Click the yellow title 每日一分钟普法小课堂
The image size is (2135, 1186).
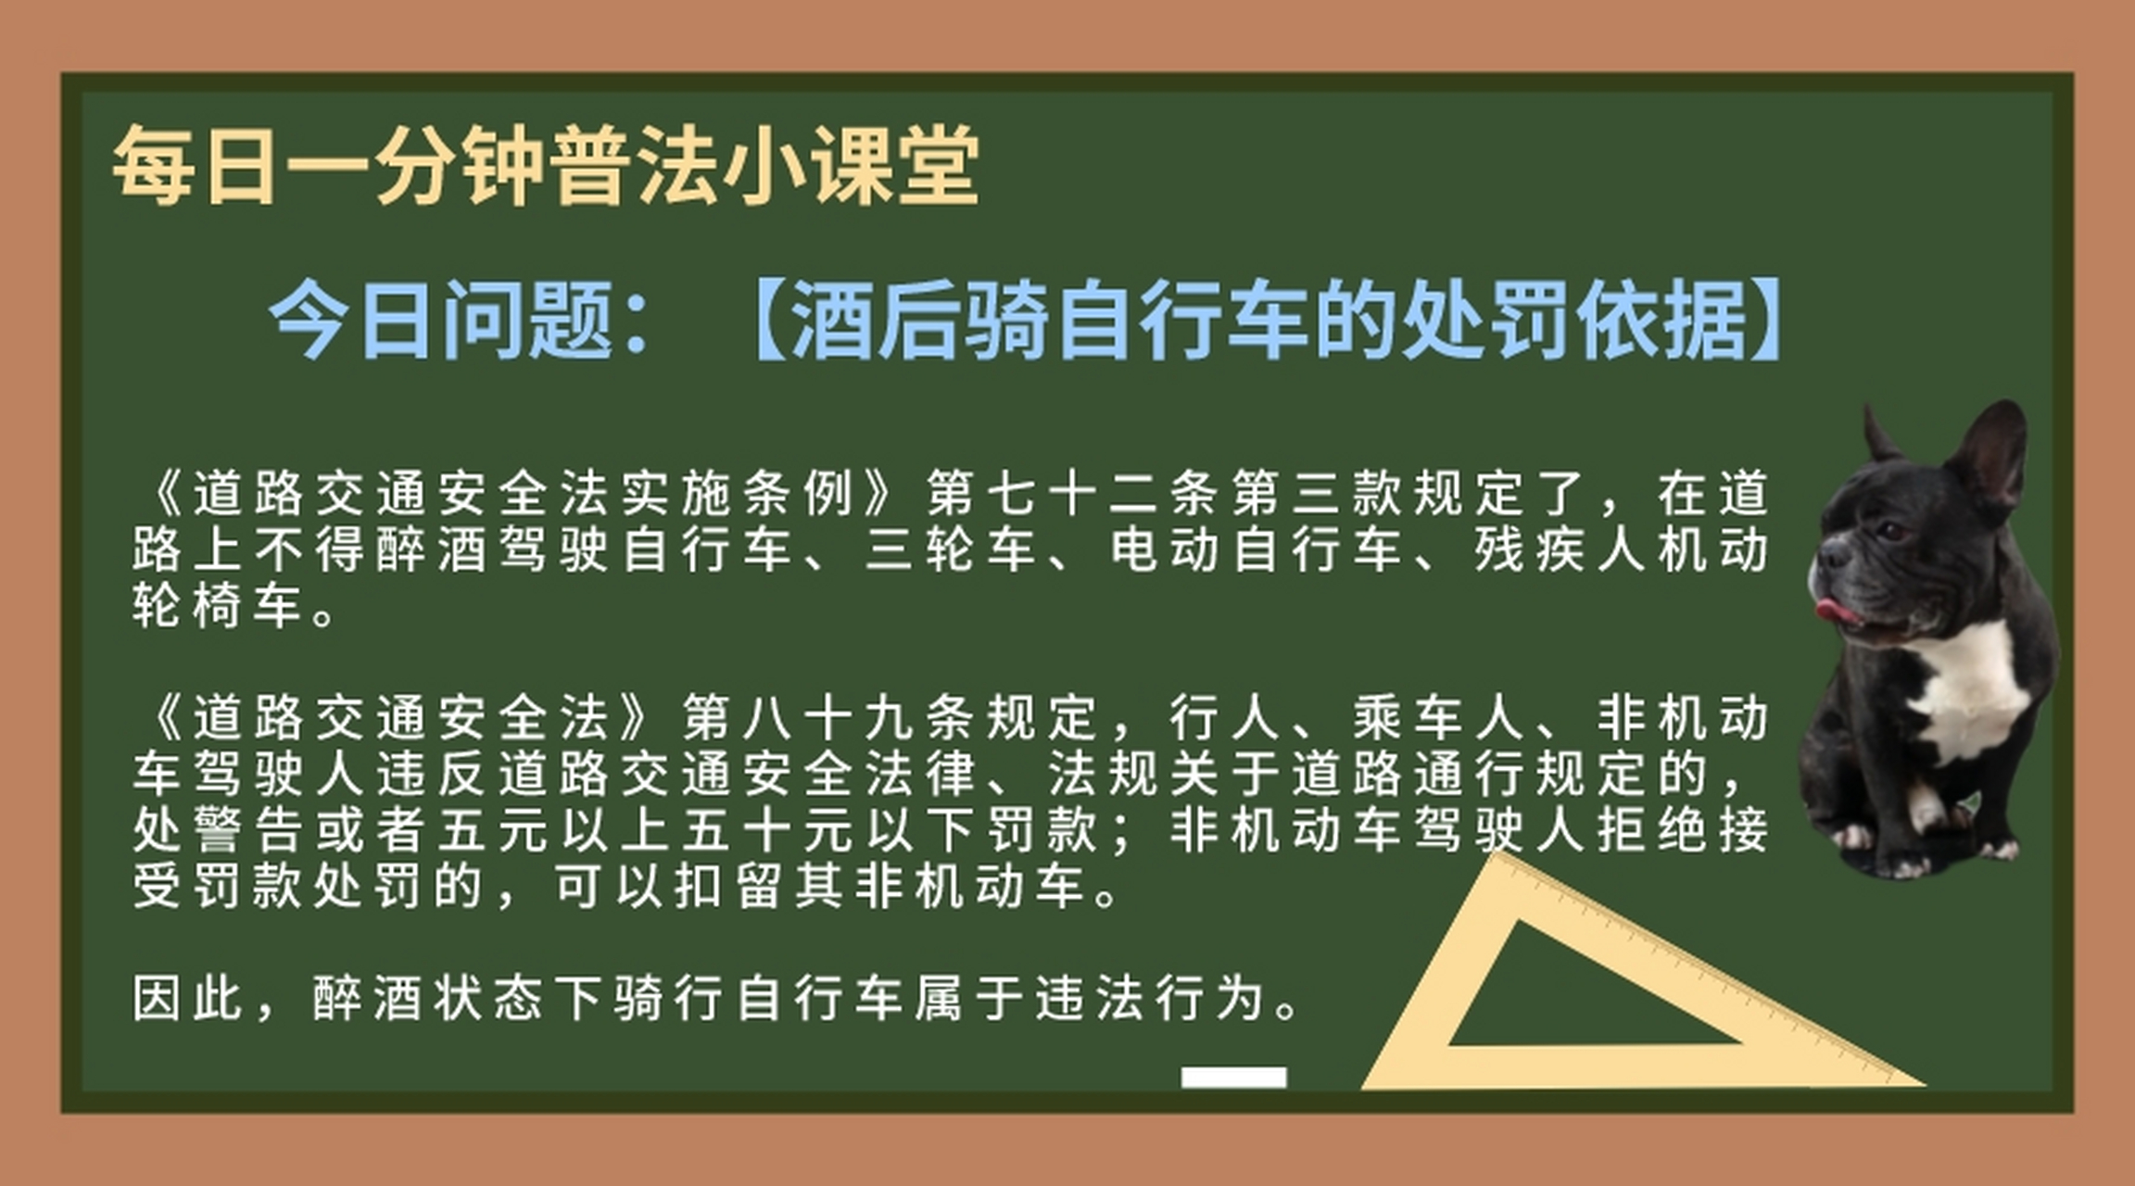[x=545, y=167]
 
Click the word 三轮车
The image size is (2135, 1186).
[x=950, y=549]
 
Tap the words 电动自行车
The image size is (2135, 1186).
[x=1256, y=549]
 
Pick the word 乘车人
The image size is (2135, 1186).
[x=1439, y=717]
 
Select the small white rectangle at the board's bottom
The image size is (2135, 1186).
[x=1233, y=1077]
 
